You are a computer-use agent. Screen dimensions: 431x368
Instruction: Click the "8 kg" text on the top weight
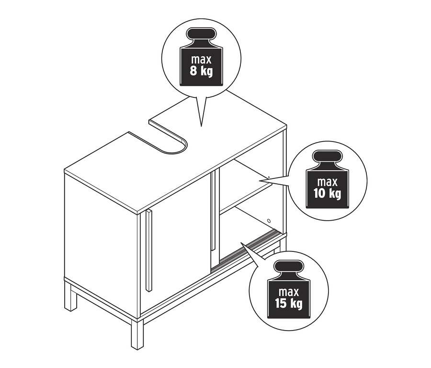[201, 71]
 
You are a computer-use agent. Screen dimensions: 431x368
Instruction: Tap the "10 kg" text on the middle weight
[327, 193]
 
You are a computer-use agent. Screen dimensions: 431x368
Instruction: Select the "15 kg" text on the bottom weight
[289, 303]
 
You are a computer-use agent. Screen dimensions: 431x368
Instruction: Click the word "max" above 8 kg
[201, 60]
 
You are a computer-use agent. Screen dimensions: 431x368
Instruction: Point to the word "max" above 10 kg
[327, 182]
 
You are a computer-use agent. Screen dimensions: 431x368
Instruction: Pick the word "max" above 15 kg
[289, 292]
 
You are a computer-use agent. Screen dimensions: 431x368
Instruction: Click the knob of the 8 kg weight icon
[201, 34]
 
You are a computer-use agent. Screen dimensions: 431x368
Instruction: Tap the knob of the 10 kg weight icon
[328, 156]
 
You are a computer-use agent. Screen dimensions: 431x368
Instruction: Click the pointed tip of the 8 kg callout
[201, 127]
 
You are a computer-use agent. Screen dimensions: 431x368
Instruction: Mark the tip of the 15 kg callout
[240, 243]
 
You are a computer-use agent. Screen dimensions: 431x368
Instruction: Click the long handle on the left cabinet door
[149, 250]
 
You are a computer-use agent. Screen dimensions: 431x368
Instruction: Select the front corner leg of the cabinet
[137, 334]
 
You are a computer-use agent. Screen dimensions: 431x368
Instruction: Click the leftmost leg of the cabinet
[71, 298]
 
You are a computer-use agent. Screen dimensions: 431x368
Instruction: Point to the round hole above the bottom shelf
[269, 221]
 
